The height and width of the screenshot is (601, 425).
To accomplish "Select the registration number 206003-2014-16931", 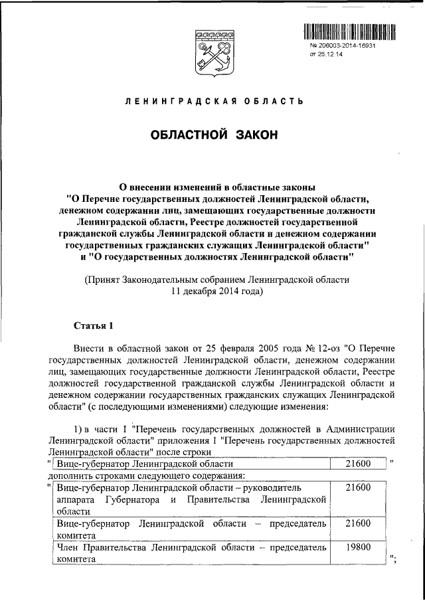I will tap(351, 46).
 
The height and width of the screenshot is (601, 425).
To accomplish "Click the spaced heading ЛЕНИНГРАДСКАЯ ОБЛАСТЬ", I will tap(214, 102).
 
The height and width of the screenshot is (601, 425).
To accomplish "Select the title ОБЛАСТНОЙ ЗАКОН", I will tap(214, 135).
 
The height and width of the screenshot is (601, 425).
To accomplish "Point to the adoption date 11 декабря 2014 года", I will tap(214, 291).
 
